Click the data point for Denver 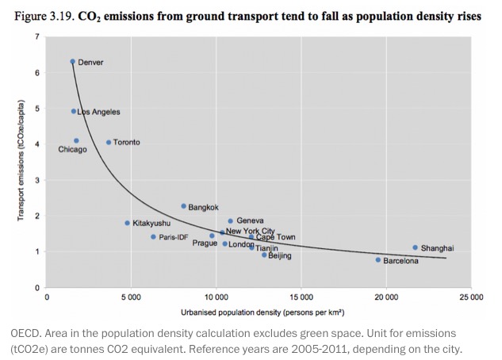pos(72,61)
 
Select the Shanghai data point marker pos(415,247)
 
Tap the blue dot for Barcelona pos(378,260)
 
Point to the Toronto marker pos(109,143)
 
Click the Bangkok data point pos(183,206)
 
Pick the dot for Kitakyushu pos(127,223)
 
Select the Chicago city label pos(72,150)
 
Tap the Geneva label pos(250,220)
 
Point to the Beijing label pos(280,256)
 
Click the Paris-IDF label pos(173,237)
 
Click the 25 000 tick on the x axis pos(470,297)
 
